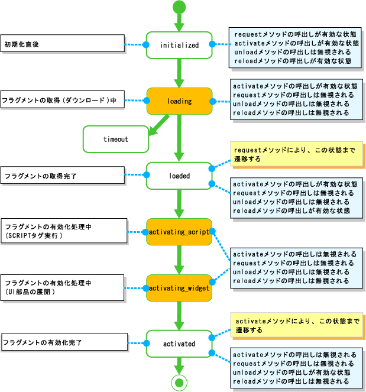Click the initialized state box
pyautogui.click(x=179, y=45)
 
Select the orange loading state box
pyautogui.click(x=179, y=101)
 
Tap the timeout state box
pyautogui.click(x=116, y=140)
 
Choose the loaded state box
pyautogui.click(x=179, y=176)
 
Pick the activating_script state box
pyautogui.click(x=179, y=232)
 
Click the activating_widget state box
pyautogui.click(x=179, y=288)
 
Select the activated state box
pyautogui.click(x=179, y=344)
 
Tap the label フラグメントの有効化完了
pyautogui.click(x=64, y=342)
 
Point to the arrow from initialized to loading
pyautogui.click(x=179, y=73)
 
